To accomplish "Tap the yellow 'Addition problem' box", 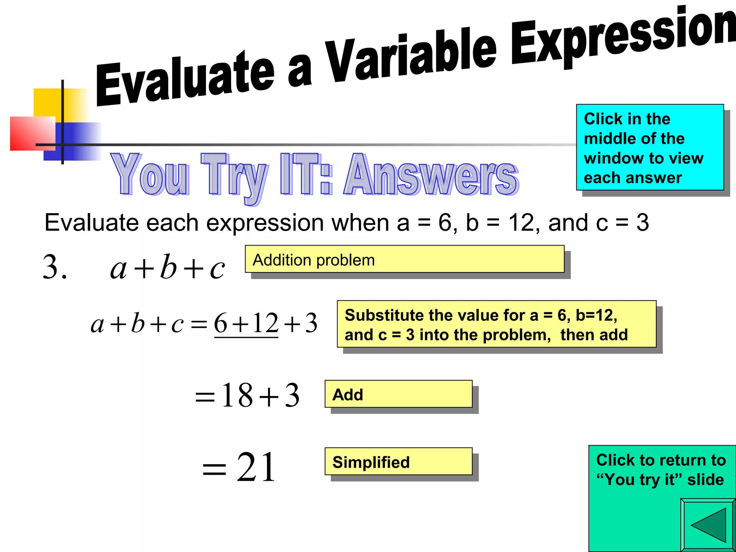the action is coord(405,259).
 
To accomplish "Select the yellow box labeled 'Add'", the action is coord(399,394).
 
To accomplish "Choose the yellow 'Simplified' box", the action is coord(399,461).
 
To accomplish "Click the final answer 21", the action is coord(256,467).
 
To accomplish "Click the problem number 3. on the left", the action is coord(55,267).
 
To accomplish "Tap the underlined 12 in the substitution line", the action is coord(265,323).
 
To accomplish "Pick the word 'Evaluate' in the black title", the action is coord(185,79).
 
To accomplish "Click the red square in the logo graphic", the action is coord(33,133).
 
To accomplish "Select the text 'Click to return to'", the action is coord(661,460).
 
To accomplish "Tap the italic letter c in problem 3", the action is coord(217,269).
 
